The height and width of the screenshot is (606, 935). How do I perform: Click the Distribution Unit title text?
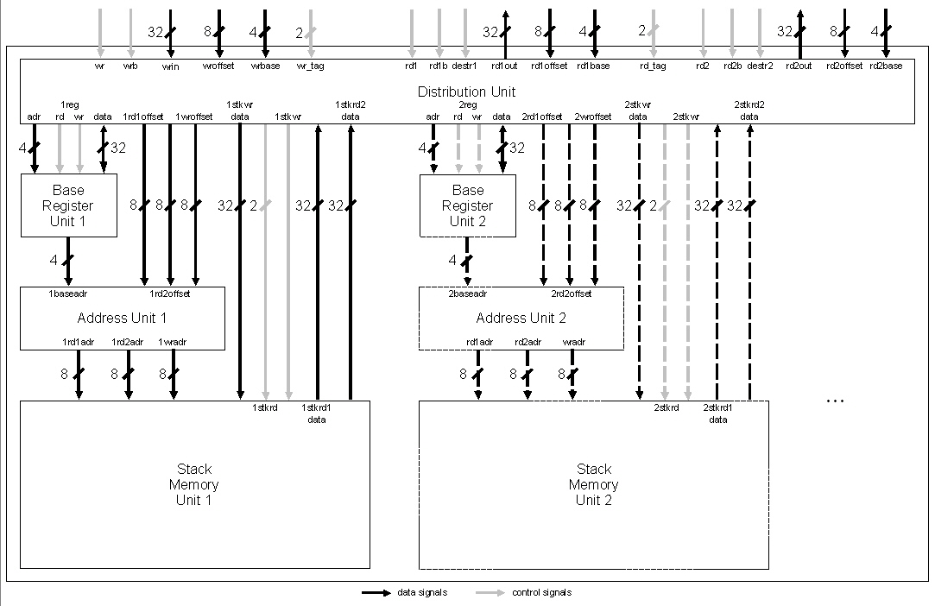pyautogui.click(x=466, y=92)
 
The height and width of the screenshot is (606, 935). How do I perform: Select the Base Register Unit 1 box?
pyautogui.click(x=68, y=205)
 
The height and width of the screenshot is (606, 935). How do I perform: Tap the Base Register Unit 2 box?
pyautogui.click(x=467, y=205)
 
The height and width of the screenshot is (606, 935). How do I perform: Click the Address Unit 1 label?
pyautogui.click(x=122, y=318)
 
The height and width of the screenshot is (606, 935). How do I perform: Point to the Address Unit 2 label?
pyautogui.click(x=521, y=318)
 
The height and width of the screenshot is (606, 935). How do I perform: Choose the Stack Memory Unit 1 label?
pyautogui.click(x=193, y=484)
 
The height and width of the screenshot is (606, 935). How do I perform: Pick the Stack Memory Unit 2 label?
pyautogui.click(x=593, y=484)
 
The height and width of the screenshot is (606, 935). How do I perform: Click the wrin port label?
pyautogui.click(x=171, y=66)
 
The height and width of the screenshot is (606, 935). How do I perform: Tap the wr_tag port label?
pyautogui.click(x=310, y=66)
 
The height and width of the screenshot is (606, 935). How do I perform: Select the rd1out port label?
pyautogui.click(x=504, y=66)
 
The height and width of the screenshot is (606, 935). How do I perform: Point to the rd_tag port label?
pyautogui.click(x=653, y=66)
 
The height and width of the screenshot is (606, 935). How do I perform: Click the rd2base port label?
pyautogui.click(x=886, y=66)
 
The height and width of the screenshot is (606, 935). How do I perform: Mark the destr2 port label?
pyautogui.click(x=760, y=66)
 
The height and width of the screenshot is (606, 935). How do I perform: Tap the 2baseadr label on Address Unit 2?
pyautogui.click(x=467, y=294)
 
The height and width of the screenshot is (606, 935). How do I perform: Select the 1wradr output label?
pyautogui.click(x=173, y=342)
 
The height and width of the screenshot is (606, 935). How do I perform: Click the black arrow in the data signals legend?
pyautogui.click(x=375, y=593)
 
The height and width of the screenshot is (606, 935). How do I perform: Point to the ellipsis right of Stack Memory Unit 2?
pyautogui.click(x=835, y=401)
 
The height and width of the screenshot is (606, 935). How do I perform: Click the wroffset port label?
pyautogui.click(x=218, y=66)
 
